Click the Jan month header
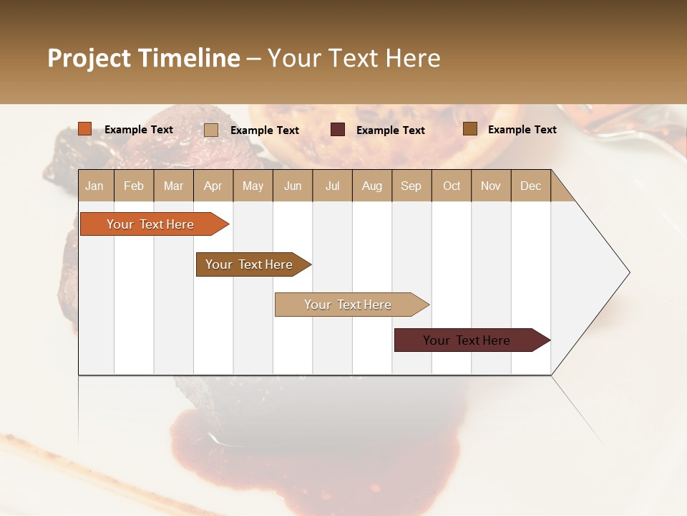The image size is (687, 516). (95, 186)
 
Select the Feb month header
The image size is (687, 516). (134, 186)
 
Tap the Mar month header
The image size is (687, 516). (173, 186)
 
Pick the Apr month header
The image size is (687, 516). (213, 186)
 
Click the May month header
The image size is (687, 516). (253, 186)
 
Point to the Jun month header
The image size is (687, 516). (293, 186)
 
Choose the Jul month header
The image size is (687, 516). (332, 186)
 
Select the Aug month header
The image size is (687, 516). (372, 186)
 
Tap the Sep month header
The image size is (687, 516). (411, 186)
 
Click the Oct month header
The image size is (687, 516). (452, 186)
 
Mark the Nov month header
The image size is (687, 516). (491, 186)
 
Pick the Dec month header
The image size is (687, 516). (531, 186)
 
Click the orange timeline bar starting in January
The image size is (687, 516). (150, 224)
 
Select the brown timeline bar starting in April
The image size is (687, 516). (250, 264)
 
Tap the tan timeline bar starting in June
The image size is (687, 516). (349, 305)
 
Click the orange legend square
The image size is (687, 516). (85, 129)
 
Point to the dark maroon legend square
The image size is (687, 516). (338, 130)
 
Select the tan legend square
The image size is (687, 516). (211, 130)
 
